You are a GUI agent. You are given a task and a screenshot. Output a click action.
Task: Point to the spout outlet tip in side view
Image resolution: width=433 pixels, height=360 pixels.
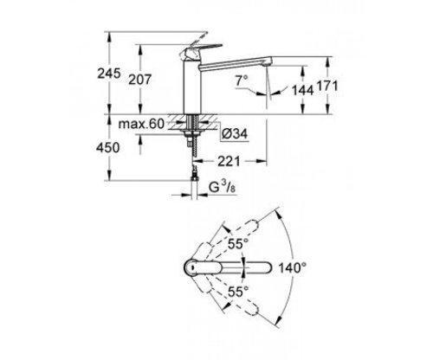tap(272, 69)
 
